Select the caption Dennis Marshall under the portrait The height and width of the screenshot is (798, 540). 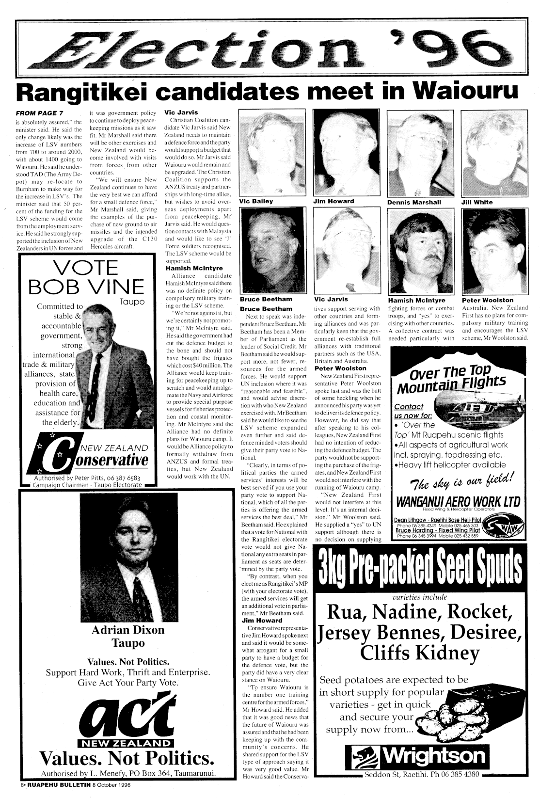tap(414, 202)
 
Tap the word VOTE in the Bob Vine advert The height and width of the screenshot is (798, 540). tap(87, 268)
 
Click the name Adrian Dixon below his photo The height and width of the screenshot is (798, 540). tap(128, 630)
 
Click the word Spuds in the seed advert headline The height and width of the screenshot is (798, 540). tap(496, 569)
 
